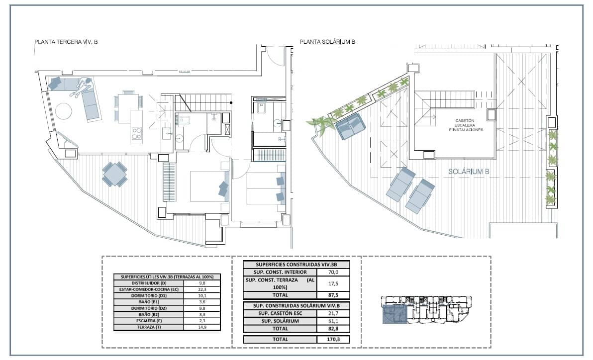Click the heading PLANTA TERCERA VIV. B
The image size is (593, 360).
[x=66, y=42]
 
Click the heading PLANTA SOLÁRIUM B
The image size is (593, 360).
[x=327, y=42]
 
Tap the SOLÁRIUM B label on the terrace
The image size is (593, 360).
[x=470, y=172]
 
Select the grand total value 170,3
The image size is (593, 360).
[x=333, y=339]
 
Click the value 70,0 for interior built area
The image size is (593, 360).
[x=333, y=272]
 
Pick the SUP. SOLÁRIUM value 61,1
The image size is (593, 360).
[x=333, y=321]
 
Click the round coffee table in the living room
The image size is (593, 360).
[x=64, y=110]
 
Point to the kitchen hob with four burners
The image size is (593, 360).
[x=136, y=133]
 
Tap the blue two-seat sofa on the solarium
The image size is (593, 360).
[x=350, y=126]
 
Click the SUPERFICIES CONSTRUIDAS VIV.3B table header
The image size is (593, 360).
[x=296, y=265]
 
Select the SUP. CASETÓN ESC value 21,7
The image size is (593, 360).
[x=333, y=313]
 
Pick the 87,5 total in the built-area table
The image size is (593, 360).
[x=333, y=294]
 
